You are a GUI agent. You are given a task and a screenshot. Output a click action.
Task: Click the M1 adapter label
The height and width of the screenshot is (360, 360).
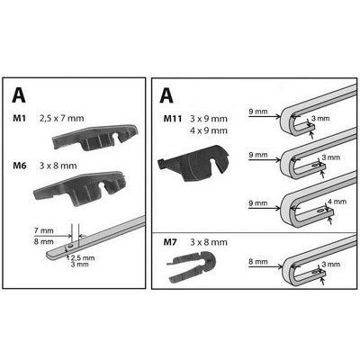tap(20, 118)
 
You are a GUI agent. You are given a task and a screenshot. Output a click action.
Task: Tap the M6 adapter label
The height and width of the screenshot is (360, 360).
tap(20, 166)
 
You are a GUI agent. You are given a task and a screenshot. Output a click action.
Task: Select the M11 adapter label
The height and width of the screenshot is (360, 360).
tap(173, 119)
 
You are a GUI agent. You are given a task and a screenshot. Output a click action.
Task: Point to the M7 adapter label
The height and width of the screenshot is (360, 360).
tap(170, 242)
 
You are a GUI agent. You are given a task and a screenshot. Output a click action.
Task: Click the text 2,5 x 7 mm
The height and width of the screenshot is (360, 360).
tap(62, 118)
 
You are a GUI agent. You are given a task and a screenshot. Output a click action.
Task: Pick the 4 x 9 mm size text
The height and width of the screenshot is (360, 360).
tap(209, 130)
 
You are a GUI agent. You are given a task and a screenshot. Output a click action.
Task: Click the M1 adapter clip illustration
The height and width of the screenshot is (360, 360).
tap(95, 137)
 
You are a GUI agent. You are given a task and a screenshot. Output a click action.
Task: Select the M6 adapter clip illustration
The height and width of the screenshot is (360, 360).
tap(80, 188)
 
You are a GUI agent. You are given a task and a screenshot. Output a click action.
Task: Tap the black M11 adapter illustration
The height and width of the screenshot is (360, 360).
tap(193, 164)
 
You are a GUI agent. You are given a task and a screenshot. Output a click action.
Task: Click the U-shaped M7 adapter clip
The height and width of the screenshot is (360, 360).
tap(192, 265)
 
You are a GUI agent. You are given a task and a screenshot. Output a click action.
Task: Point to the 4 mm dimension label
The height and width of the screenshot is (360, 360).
tap(337, 202)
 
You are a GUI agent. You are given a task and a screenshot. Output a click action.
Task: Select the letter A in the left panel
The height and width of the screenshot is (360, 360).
tap(19, 95)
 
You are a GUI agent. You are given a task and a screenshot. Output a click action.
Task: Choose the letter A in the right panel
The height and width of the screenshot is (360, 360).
tap(166, 95)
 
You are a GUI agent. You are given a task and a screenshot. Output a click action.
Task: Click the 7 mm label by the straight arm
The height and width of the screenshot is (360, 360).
tap(44, 230)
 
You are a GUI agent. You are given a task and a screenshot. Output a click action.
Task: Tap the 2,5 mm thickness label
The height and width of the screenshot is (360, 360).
tap(83, 257)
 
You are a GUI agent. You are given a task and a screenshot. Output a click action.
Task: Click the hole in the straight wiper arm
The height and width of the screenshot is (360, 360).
tap(70, 246)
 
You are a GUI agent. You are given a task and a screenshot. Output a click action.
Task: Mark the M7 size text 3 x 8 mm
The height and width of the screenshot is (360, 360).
tap(209, 242)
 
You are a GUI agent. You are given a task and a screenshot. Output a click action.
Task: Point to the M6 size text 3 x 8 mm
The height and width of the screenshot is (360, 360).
tap(58, 166)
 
